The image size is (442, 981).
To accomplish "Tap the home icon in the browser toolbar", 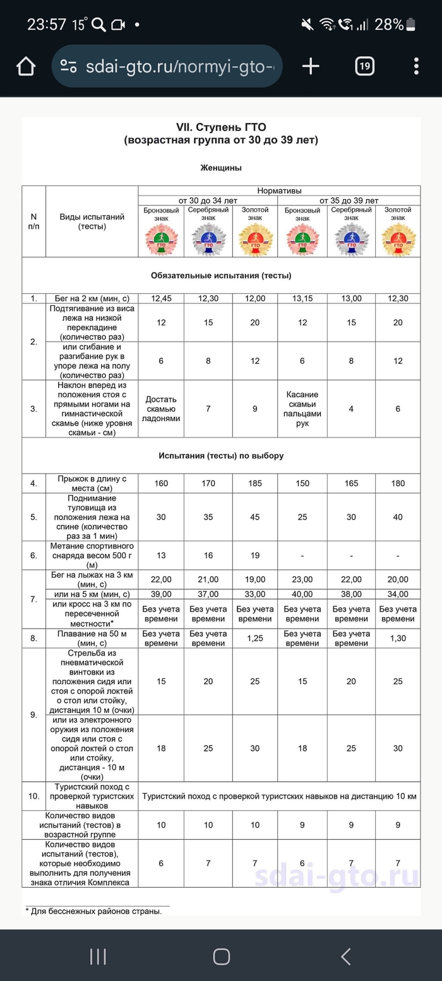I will click(x=26, y=66).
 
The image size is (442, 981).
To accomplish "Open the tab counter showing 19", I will click(x=364, y=66).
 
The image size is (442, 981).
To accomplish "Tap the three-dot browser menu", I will click(x=416, y=66).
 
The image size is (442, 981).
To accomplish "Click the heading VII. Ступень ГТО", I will click(x=221, y=127).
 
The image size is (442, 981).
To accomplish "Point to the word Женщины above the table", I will click(x=221, y=168).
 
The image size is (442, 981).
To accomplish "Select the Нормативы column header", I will click(x=279, y=190).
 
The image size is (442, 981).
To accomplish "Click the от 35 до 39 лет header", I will click(x=349, y=200).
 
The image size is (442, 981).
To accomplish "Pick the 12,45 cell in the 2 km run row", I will click(x=161, y=298).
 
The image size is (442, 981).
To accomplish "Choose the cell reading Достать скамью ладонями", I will click(x=161, y=409).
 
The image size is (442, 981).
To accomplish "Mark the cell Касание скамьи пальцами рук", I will click(x=302, y=409).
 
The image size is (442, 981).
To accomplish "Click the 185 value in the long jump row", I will click(x=254, y=483).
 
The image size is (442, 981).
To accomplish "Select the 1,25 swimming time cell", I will click(x=254, y=638).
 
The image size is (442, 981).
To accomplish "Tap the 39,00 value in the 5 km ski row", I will click(x=161, y=594).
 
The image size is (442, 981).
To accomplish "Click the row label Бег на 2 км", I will click(x=92, y=298).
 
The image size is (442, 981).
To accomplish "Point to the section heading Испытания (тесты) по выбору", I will click(x=221, y=455).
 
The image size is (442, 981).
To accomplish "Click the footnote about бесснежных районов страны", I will click(x=93, y=910).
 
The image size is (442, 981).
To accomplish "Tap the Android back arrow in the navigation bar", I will click(x=345, y=956).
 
